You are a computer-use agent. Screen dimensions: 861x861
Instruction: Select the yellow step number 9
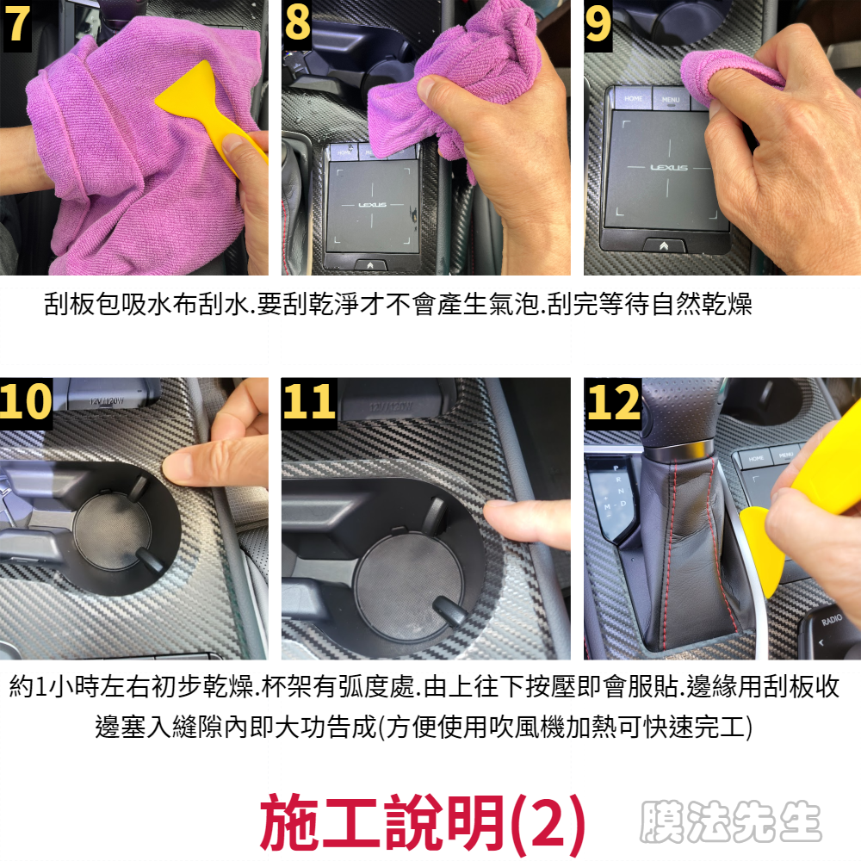(x=598, y=23)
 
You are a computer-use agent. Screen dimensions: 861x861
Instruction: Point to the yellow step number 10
(x=26, y=401)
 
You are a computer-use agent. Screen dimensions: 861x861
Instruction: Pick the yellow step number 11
(x=308, y=401)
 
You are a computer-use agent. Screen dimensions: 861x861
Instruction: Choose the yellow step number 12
(x=613, y=402)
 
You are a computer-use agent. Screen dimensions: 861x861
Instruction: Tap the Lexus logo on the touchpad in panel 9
(x=668, y=167)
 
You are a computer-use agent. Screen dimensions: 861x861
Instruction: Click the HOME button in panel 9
(x=633, y=98)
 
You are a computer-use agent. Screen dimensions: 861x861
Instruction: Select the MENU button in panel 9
(x=671, y=100)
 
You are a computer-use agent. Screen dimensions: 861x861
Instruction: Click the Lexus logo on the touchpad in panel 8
(x=372, y=205)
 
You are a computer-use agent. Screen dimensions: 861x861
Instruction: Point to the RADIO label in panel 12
(x=832, y=620)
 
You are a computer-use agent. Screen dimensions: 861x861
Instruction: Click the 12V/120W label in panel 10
(x=107, y=401)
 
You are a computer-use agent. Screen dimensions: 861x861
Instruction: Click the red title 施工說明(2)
(x=422, y=823)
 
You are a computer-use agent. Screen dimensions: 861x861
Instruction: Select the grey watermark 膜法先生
(x=730, y=821)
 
